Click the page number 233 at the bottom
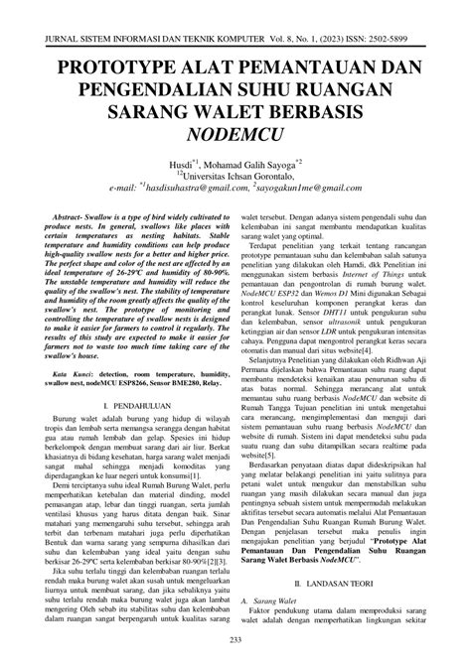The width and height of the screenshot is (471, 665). pos(235,638)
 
